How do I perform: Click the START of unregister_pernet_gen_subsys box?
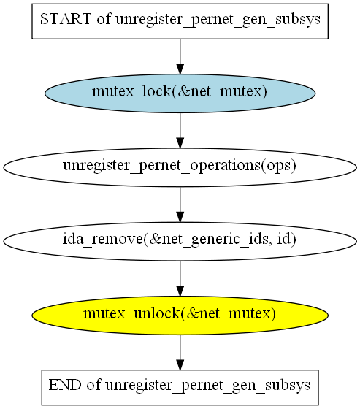tap(180, 21)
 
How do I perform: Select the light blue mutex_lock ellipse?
tap(180, 93)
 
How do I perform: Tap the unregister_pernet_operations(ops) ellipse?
tap(180, 167)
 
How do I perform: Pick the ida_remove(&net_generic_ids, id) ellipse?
tap(180, 241)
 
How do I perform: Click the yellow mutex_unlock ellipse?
tap(180, 316)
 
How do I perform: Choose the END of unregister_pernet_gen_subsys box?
tap(180, 387)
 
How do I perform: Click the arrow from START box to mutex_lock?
tap(180, 57)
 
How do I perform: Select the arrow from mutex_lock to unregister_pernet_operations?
tap(180, 131)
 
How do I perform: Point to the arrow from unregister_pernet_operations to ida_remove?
tap(180, 204)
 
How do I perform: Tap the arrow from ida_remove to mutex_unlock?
tap(180, 278)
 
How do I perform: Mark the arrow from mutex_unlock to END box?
tap(180, 352)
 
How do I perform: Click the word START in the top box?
tap(66, 19)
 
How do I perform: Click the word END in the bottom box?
tap(65, 385)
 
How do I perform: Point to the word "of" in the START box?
tap(104, 19)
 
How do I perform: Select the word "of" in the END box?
tap(93, 385)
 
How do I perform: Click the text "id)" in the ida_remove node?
tap(286, 239)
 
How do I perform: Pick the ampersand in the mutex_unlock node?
tap(193, 313)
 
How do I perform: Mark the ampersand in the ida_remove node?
tap(155, 240)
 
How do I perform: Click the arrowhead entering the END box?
tap(180, 364)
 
